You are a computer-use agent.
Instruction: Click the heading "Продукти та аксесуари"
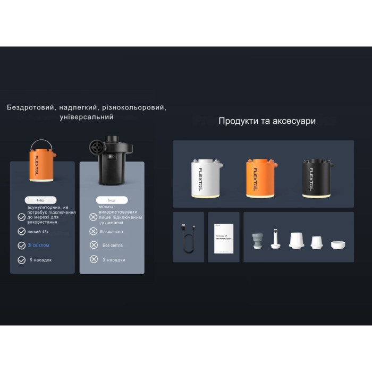click(x=267, y=121)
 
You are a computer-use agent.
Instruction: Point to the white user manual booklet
click(x=224, y=237)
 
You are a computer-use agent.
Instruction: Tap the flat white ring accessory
click(x=339, y=245)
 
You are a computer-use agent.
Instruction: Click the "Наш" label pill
click(x=41, y=200)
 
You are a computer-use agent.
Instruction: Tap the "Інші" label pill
click(x=104, y=200)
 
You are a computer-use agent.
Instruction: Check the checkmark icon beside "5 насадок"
click(x=22, y=260)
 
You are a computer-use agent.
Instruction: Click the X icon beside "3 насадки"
click(x=94, y=259)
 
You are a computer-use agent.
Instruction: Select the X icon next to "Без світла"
click(x=94, y=245)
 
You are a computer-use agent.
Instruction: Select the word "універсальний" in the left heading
click(x=87, y=117)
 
